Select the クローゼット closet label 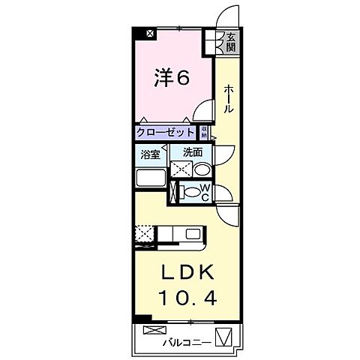click(x=166, y=133)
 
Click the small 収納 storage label click(x=204, y=132)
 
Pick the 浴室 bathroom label click(x=149, y=156)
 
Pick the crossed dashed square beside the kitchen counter click(x=144, y=234)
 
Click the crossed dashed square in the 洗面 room click(x=180, y=169)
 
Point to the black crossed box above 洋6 click(x=150, y=33)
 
